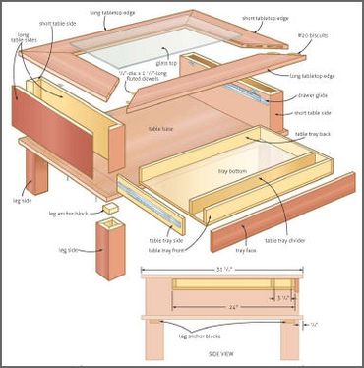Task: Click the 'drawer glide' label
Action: point(314,97)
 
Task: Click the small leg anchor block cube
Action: point(114,209)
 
